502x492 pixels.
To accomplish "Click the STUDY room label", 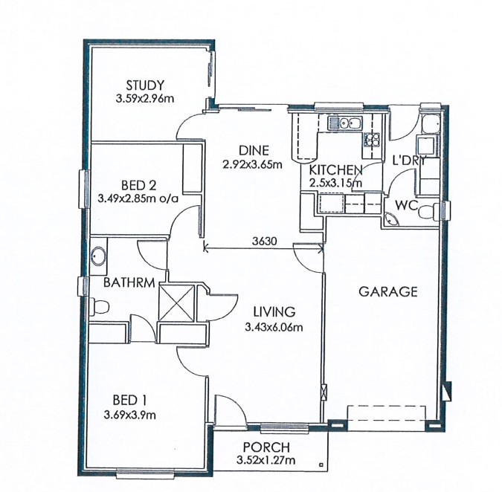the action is point(145,85).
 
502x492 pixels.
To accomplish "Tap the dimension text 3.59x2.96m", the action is point(145,98).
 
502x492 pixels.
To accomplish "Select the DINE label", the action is point(254,150).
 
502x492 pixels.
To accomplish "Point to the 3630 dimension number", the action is point(264,241).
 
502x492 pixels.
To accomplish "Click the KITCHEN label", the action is point(335,170).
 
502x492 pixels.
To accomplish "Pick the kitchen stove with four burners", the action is point(371,140).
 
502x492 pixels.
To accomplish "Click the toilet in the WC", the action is point(427,212).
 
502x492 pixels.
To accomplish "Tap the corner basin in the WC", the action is point(391,219).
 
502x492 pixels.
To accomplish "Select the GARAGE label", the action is point(387,291).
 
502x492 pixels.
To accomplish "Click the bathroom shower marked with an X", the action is point(177,302).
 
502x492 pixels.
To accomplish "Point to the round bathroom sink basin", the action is point(98,256).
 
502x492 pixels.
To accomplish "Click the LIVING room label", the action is point(274,311).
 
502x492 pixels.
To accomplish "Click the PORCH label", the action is point(266,447).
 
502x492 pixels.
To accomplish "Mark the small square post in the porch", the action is point(321,465).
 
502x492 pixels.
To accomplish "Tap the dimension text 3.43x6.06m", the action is point(274,327).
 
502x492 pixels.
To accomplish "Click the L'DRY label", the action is point(410,161).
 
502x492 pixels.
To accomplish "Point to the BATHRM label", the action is point(129,282).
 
